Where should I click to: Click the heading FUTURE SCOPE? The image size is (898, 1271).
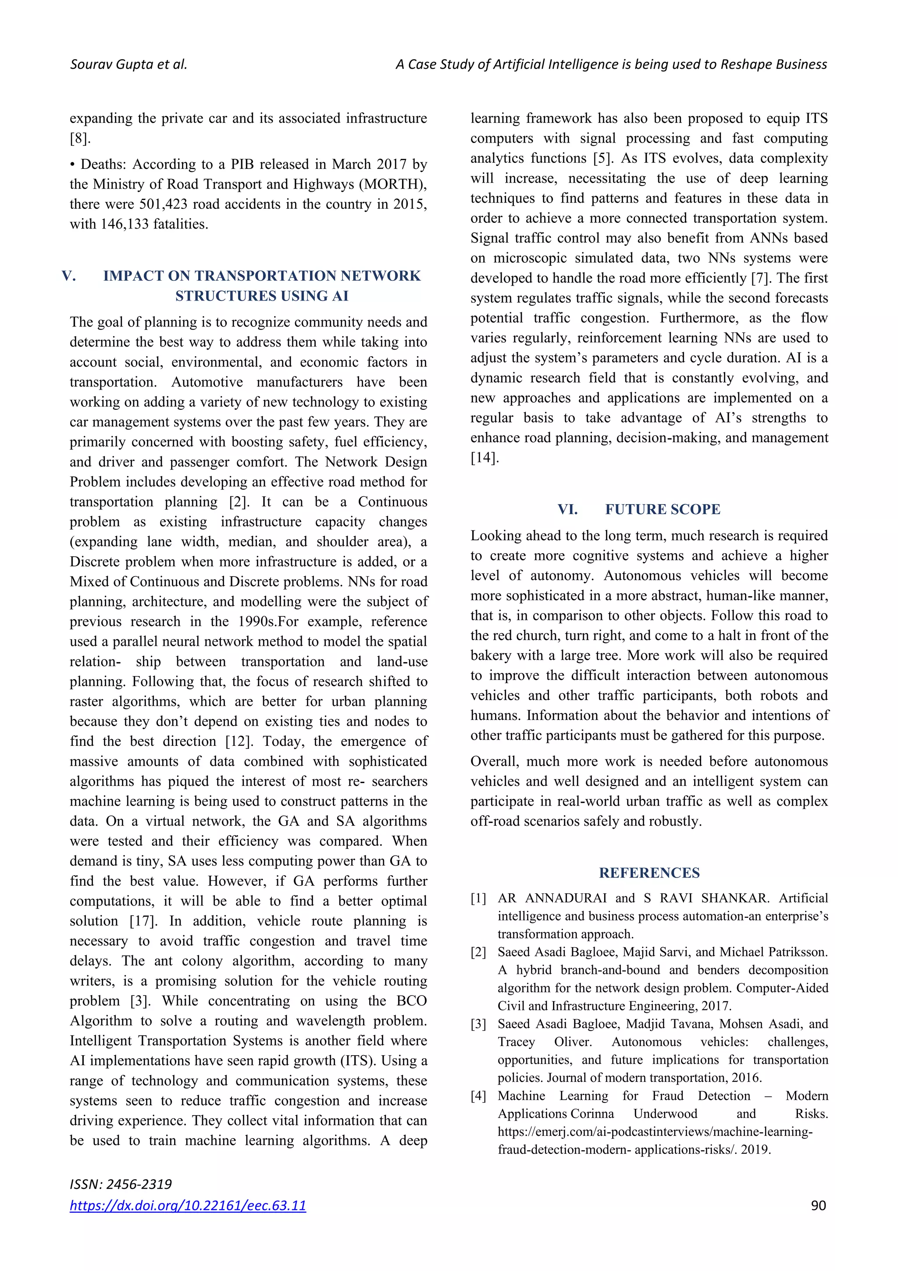[x=662, y=509]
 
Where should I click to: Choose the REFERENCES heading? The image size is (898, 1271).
[x=649, y=873]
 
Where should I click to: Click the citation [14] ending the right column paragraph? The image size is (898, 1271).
[x=485, y=458]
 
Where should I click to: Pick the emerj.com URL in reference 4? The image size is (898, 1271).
[x=655, y=1131]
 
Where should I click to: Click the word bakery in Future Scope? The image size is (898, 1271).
[x=492, y=655]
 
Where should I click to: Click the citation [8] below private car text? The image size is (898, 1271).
[x=80, y=138]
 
